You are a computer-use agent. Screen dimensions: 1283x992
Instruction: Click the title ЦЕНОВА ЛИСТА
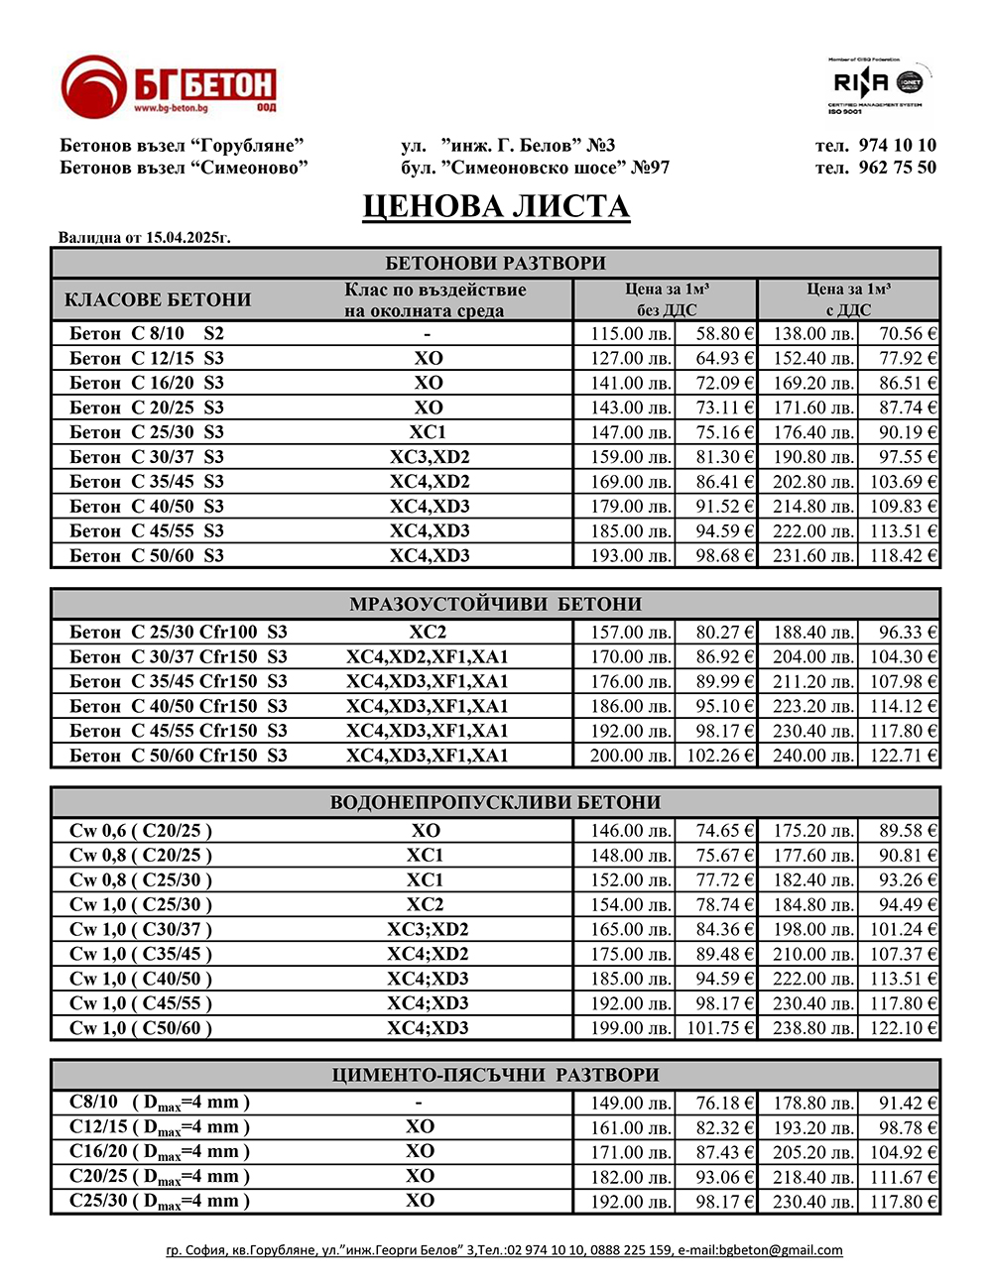point(496,206)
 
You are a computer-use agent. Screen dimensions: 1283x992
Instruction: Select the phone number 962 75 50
point(897,168)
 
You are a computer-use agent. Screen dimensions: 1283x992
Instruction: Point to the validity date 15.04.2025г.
point(188,238)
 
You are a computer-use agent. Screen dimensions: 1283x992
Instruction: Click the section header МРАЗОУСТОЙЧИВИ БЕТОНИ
point(495,604)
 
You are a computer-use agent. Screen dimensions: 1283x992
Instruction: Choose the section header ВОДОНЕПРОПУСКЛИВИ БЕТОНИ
point(495,802)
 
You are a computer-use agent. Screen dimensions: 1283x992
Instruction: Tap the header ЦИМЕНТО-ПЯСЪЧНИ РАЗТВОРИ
point(495,1075)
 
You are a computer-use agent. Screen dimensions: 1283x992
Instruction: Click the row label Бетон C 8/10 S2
point(147,333)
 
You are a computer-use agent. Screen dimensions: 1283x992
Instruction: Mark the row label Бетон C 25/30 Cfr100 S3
point(179,632)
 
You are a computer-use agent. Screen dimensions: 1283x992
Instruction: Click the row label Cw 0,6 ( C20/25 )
point(141,831)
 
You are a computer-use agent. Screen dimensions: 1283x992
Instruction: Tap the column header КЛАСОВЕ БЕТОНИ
point(158,299)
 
